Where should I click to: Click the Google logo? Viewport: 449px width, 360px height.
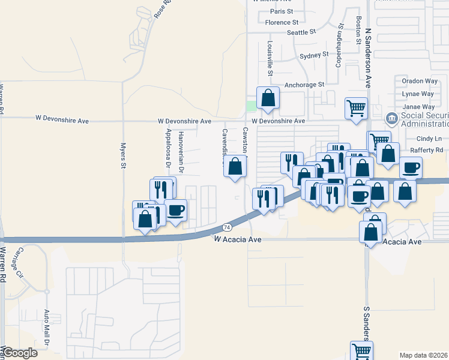point(20,353)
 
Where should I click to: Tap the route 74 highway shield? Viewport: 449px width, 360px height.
point(227,227)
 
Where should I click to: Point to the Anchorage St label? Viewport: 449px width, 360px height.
point(304,85)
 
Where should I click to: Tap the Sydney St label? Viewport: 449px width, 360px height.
point(314,55)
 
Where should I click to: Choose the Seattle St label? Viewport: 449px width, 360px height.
point(301,32)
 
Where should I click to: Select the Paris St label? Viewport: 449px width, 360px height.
point(281,11)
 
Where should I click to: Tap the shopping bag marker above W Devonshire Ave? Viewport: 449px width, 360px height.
point(268,98)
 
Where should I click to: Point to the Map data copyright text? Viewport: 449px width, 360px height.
point(424,355)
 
